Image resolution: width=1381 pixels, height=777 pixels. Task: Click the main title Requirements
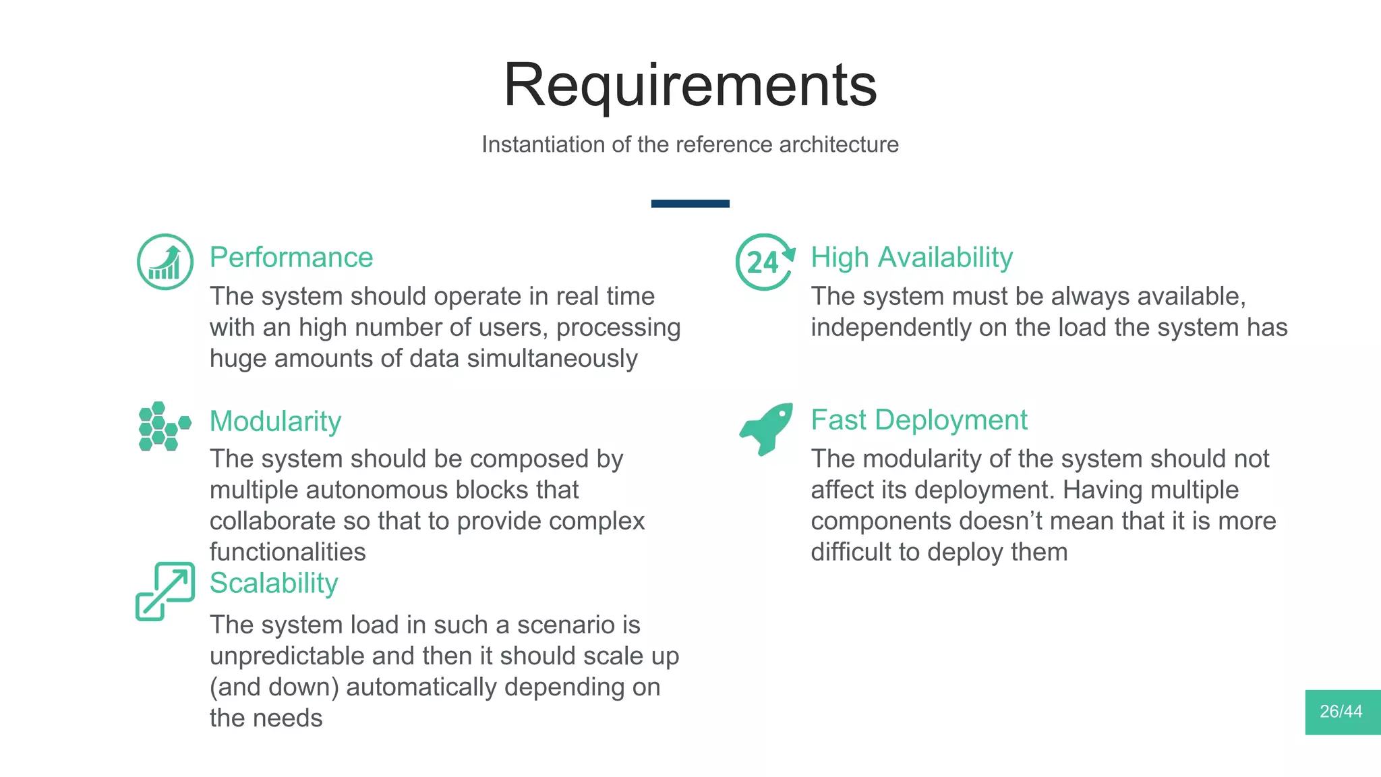(690, 85)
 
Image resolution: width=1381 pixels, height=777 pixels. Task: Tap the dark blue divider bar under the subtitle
(690, 203)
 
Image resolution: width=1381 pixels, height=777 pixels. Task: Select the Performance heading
(291, 257)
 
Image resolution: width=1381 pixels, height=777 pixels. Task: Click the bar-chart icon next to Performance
(165, 262)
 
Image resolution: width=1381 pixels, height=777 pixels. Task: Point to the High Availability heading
(911, 257)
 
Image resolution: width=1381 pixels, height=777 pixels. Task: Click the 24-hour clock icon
(765, 262)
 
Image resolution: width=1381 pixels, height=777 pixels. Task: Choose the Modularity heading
(275, 421)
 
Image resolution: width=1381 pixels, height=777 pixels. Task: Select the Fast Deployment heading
(918, 420)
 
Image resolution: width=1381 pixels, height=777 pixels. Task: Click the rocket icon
(767, 428)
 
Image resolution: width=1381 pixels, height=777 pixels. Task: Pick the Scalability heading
(273, 583)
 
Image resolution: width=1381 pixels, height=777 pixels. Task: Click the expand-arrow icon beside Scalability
(165, 591)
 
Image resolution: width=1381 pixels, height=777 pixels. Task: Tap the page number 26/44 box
(1342, 712)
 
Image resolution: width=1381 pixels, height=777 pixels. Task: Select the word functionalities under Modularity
(287, 552)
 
